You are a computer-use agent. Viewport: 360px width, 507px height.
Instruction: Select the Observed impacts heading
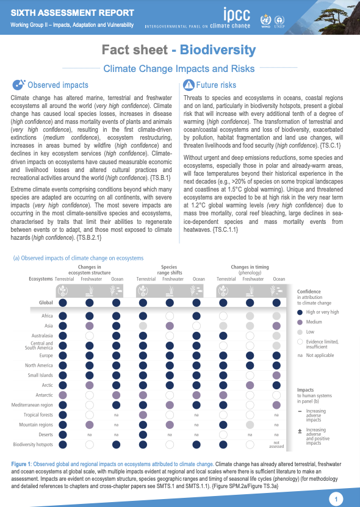coord(58,85)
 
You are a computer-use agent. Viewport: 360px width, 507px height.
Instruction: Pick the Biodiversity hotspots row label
coord(33,444)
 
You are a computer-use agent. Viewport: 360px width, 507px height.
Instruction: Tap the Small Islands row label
coord(40,375)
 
